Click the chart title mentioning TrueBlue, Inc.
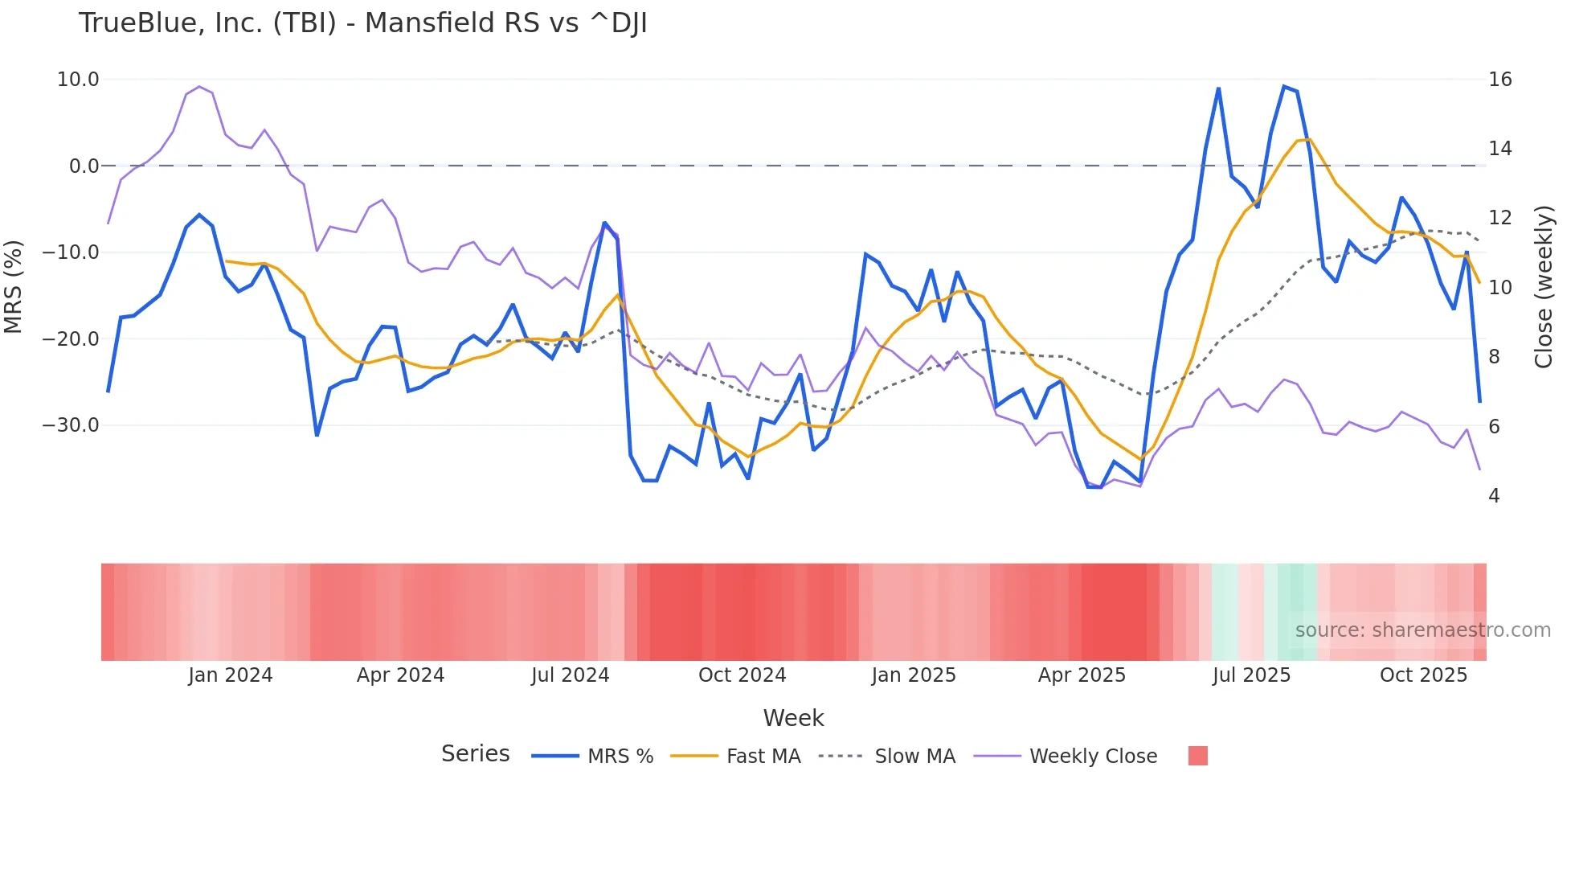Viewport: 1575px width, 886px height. coord(362,23)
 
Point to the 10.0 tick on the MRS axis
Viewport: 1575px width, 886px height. coord(78,80)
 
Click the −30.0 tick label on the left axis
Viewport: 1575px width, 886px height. coord(71,425)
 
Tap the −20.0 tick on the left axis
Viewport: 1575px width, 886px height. coord(71,338)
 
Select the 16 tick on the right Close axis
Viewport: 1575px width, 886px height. coord(1499,80)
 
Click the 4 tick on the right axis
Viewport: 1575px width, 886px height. coord(1494,496)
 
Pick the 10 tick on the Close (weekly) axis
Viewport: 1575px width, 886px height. coord(1499,288)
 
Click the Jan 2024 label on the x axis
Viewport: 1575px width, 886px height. coord(231,675)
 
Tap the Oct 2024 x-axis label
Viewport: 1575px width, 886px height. coord(742,675)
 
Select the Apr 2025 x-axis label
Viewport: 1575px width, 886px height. coord(1082,675)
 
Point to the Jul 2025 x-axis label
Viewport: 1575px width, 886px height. coord(1251,675)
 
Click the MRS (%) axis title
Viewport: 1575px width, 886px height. coord(14,287)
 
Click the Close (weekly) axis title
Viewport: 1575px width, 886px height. coord(1544,287)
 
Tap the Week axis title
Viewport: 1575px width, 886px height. coord(793,718)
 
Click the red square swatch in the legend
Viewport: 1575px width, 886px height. coord(1197,756)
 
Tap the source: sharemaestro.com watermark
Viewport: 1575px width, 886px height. coord(1422,630)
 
